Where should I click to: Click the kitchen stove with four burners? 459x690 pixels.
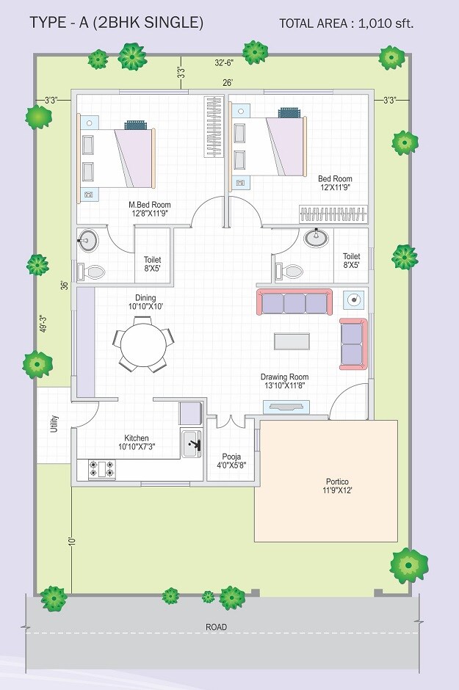(101, 469)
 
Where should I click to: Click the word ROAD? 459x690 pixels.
(217, 627)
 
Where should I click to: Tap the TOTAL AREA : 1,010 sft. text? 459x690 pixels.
(346, 23)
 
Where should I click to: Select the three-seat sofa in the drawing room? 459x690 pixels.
(294, 303)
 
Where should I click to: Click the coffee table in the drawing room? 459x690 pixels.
(292, 341)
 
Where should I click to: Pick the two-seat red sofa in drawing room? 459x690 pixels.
(353, 344)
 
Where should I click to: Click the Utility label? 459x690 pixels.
(54, 424)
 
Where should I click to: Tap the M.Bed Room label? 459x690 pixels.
(149, 209)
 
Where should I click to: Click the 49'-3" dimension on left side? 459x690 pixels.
(43, 324)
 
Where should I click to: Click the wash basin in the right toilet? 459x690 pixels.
(318, 237)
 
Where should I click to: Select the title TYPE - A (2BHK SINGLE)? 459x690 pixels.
(116, 23)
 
